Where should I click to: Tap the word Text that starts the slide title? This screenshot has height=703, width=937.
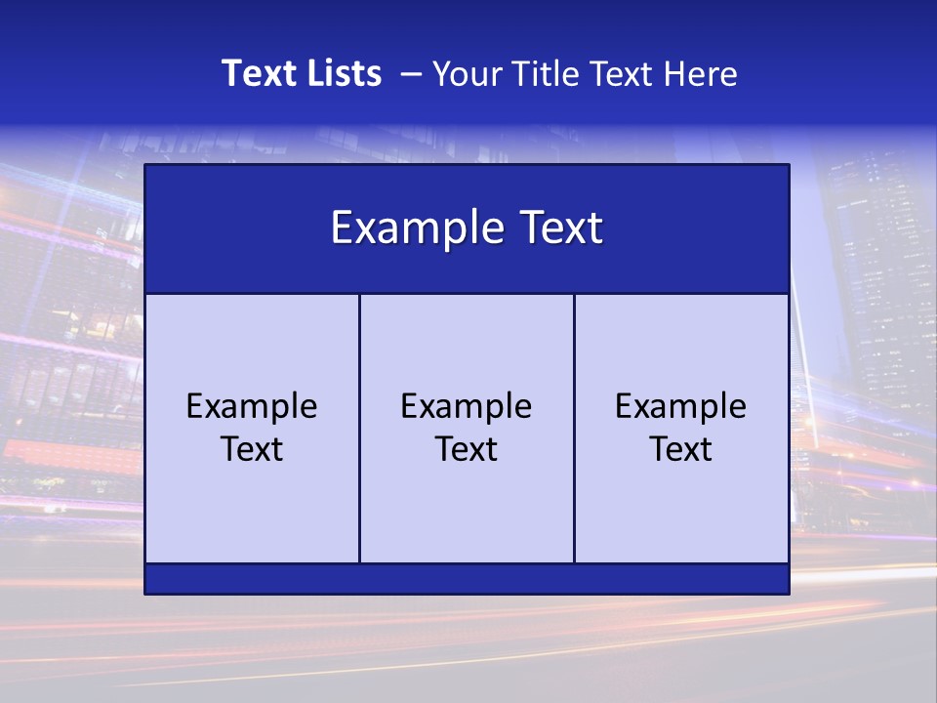(257, 73)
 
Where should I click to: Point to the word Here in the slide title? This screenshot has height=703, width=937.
(700, 74)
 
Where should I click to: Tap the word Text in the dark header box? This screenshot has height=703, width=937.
(560, 228)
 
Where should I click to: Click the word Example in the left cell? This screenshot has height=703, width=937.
(252, 406)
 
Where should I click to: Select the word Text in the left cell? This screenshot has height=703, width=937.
(252, 449)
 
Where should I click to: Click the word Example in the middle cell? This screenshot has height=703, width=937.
(467, 406)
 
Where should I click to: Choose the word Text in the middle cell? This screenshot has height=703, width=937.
(467, 449)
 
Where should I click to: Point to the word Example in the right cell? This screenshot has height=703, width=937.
(681, 406)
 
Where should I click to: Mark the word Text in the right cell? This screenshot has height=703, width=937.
(681, 449)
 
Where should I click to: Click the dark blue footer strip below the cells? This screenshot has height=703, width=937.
(467, 579)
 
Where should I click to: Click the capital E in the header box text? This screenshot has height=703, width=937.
(342, 228)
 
